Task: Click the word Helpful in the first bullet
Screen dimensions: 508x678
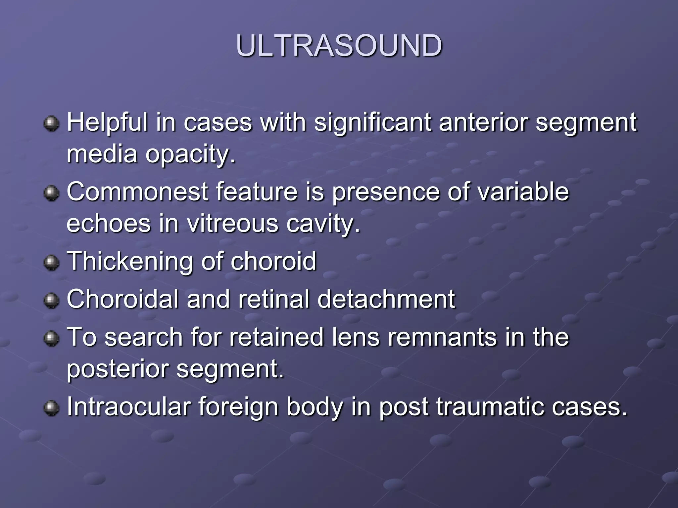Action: tap(107, 122)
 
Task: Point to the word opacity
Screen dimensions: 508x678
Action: tap(190, 155)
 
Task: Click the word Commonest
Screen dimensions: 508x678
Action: tap(137, 192)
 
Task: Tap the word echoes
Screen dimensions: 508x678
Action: tap(109, 224)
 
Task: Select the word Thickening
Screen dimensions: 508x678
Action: tap(129, 261)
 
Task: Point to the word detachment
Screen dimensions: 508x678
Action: tap(386, 299)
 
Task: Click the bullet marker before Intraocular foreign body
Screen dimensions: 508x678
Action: tap(51, 408)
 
